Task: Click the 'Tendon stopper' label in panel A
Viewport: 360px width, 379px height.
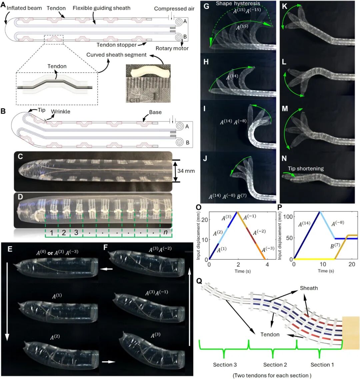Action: tap(117, 45)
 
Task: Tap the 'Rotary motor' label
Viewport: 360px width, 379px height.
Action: tap(172, 48)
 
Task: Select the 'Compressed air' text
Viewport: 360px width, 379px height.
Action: tap(174, 9)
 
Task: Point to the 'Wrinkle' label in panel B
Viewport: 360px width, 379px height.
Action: tap(60, 111)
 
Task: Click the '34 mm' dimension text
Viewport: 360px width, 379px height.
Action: tap(186, 171)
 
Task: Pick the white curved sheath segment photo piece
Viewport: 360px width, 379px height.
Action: tap(148, 71)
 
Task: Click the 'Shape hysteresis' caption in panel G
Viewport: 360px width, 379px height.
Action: tap(238, 3)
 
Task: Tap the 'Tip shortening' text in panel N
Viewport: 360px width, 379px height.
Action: tap(306, 168)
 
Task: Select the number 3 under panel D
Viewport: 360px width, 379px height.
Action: tap(76, 233)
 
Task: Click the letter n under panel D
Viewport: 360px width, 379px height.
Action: tap(165, 232)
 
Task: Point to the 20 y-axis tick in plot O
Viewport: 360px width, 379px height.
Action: tap(205, 220)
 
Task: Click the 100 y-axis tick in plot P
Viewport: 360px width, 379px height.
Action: tap(288, 217)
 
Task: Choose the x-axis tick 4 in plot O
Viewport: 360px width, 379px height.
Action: tap(267, 265)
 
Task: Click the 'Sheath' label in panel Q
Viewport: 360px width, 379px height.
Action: tap(309, 288)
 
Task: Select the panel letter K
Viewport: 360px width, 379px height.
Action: tap(285, 6)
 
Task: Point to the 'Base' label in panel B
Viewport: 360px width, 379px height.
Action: tap(155, 112)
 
